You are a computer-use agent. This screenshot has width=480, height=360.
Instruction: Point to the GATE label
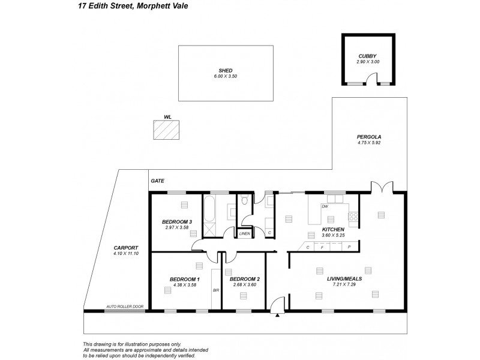click(158, 181)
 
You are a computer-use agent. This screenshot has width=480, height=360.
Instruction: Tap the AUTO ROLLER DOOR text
click(125, 306)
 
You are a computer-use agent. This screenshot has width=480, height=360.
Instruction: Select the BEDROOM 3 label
click(177, 222)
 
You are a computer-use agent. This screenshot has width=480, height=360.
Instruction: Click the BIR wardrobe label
click(216, 290)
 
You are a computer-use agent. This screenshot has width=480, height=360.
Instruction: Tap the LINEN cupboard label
click(244, 233)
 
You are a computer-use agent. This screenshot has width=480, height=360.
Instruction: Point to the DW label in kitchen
click(325, 206)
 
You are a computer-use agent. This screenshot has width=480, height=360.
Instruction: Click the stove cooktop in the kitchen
click(354, 216)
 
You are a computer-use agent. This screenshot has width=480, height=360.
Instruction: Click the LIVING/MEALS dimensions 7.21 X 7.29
click(344, 285)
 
